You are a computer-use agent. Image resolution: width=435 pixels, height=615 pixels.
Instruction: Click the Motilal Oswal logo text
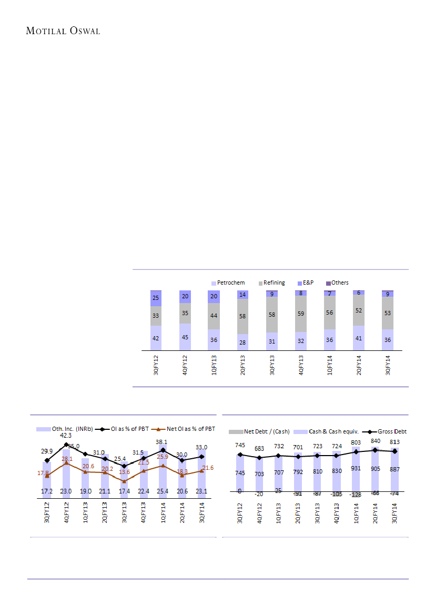pos(63,31)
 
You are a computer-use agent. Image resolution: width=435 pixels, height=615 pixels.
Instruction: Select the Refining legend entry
pos(274,283)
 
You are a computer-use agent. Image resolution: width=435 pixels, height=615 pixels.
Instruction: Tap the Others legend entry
pos(339,283)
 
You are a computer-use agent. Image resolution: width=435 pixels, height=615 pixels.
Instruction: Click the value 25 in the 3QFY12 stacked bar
pos(156,298)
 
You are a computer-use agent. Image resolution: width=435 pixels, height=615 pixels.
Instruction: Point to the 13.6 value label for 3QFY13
pos(124,472)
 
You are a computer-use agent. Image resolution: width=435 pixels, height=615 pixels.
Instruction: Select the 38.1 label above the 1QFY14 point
pos(163,442)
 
